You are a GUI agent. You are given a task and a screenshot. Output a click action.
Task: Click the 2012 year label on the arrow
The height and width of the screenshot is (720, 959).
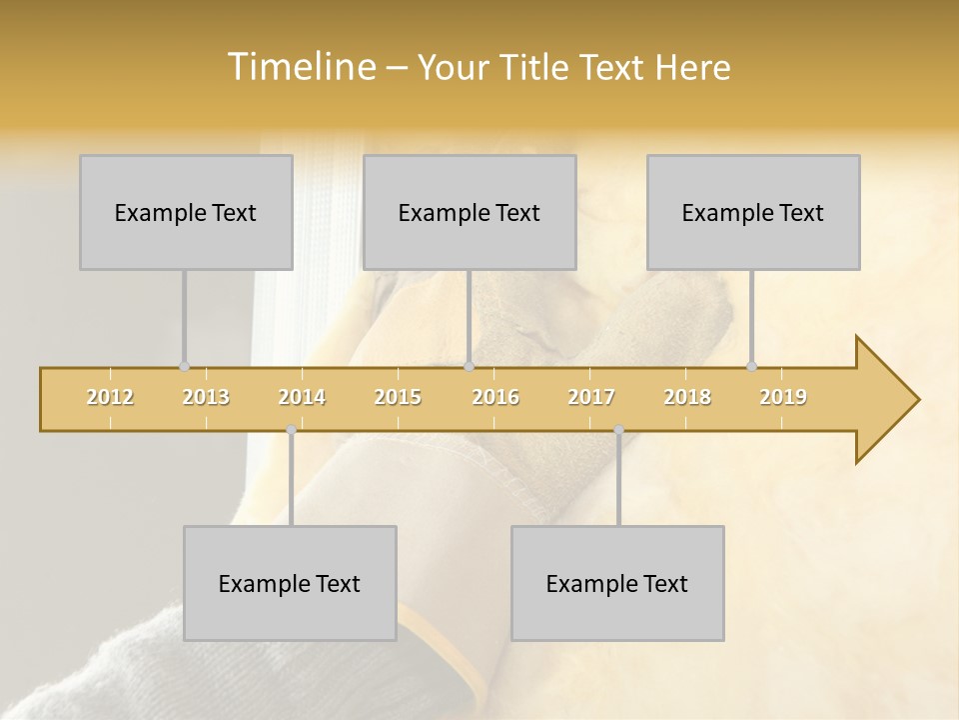110,397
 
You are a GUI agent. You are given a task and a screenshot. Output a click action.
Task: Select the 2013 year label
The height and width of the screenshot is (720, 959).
206,397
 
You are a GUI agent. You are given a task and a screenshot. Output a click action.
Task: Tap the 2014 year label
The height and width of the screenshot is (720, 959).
302,397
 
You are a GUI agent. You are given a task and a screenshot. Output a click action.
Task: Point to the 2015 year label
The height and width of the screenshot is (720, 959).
398,397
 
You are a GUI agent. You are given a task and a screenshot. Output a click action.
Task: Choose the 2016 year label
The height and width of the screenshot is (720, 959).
495,397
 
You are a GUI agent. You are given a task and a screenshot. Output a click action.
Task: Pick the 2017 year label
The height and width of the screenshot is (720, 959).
591,397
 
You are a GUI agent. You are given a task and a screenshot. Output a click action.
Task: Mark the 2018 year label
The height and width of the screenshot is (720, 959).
687,397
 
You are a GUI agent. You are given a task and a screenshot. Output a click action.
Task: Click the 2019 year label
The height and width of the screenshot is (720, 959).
783,397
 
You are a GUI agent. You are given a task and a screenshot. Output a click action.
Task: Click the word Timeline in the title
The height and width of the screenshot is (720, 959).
301,67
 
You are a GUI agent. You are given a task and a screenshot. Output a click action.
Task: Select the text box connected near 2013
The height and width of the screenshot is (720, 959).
186,212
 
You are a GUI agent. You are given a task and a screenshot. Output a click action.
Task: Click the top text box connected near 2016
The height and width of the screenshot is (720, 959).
470,212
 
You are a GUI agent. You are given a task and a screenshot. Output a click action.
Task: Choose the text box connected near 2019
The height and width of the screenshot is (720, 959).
753,212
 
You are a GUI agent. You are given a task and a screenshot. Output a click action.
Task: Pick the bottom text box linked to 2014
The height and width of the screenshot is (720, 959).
290,583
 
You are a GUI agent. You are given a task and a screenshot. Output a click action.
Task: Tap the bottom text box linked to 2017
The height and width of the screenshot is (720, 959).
617,583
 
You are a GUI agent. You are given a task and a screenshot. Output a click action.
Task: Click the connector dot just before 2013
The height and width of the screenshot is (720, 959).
184,366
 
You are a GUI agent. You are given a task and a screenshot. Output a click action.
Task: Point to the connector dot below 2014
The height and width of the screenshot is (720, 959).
291,430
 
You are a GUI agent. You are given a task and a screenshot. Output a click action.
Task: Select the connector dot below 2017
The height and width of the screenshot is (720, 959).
618,430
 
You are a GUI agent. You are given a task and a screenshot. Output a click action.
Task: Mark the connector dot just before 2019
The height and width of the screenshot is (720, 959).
751,366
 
